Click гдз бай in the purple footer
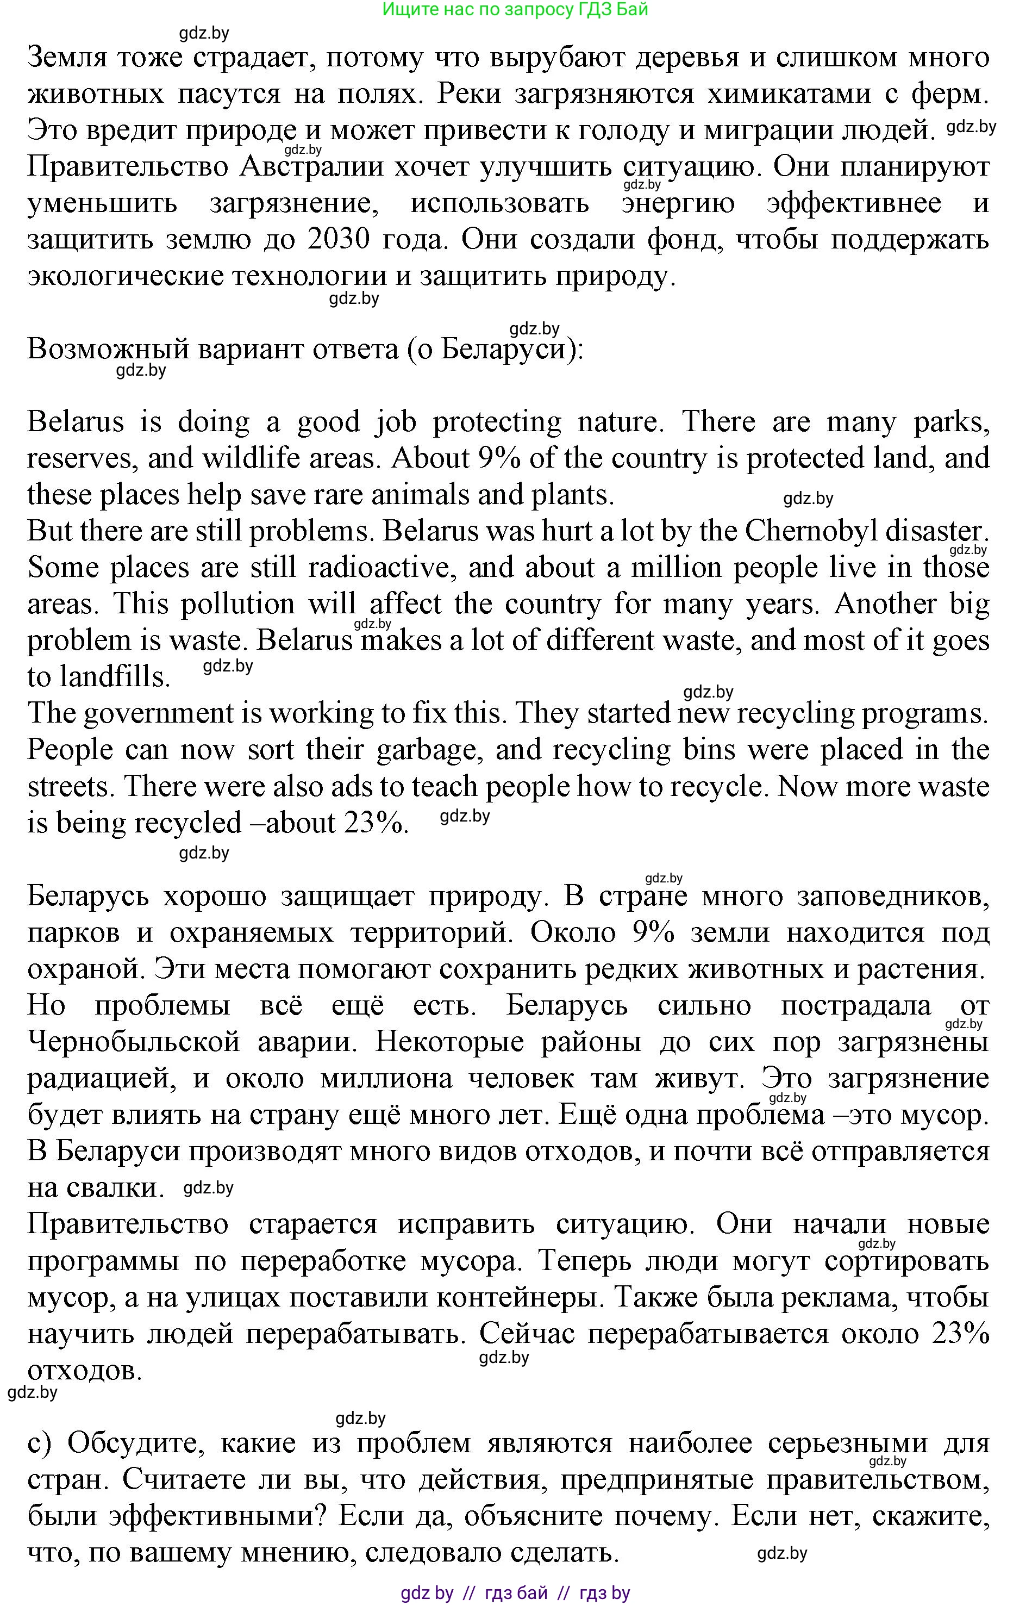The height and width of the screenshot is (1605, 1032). tap(516, 1592)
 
